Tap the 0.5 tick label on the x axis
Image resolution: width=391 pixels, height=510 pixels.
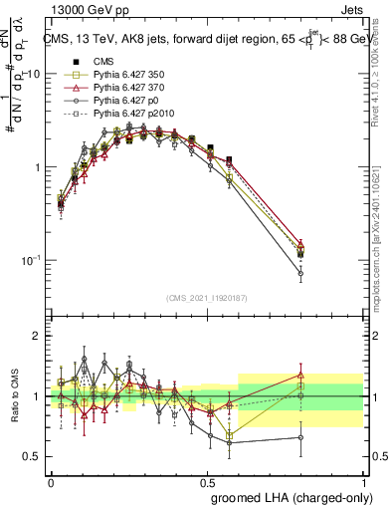207,481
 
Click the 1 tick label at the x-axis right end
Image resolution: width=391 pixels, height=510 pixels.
363,481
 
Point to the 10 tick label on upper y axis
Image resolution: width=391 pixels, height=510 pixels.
32,75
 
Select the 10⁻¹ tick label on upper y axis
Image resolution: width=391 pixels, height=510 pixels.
30,260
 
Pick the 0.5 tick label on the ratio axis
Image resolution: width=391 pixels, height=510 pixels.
33,456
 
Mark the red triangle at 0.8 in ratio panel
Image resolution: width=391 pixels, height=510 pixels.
300,375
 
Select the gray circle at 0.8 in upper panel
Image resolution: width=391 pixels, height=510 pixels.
300,272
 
